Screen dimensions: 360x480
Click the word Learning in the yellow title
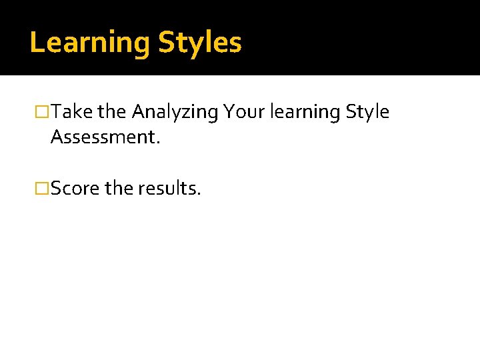pos(90,43)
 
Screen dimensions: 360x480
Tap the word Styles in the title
pos(199,43)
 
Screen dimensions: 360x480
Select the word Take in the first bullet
pos(71,112)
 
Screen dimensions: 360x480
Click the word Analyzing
pos(175,113)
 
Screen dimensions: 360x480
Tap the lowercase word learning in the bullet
pos(305,113)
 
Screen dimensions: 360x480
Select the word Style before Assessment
pos(367,112)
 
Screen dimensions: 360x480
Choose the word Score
pos(75,189)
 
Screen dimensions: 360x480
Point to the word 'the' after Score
pos(119,189)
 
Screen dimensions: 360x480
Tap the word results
pos(167,189)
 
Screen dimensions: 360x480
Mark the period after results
pos(198,194)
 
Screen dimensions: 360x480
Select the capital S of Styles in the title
pos(166,43)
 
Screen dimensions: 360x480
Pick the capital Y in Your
pos(230,112)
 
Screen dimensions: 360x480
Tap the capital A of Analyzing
pos(138,112)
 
